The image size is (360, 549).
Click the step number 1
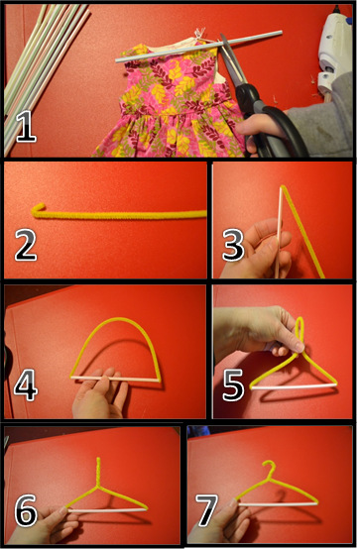pyautogui.click(x=26, y=128)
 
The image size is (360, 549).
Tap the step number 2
pyautogui.click(x=25, y=245)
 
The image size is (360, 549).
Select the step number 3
pyautogui.click(x=233, y=245)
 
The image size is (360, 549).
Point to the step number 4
pyautogui.click(x=25, y=385)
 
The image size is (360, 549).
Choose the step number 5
pyautogui.click(x=233, y=385)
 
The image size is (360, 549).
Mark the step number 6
pyautogui.click(x=26, y=509)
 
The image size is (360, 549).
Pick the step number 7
pyautogui.click(x=207, y=510)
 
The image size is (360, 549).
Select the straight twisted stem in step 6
pyautogui.click(x=98, y=472)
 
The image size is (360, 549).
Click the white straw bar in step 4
pyautogui.click(x=115, y=379)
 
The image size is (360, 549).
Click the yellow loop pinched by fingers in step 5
pyautogui.click(x=299, y=334)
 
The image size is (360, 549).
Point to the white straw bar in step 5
pyautogui.click(x=293, y=386)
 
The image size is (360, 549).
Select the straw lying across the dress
pyautogui.click(x=198, y=47)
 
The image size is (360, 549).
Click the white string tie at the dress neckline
pyautogui.click(x=199, y=35)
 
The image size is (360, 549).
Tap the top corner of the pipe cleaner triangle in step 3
pyautogui.click(x=283, y=186)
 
